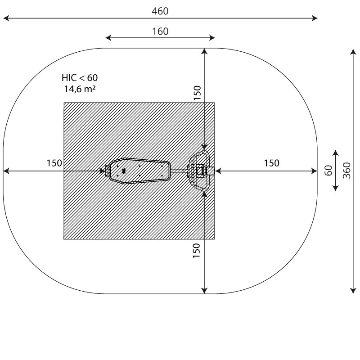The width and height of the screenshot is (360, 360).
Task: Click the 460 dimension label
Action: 160,11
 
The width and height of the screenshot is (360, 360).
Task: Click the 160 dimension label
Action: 160,31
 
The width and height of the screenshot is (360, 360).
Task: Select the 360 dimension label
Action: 346,171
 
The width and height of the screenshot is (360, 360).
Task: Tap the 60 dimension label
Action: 328,171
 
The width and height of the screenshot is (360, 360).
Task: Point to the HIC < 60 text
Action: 80,78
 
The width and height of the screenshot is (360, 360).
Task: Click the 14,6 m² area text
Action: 80,89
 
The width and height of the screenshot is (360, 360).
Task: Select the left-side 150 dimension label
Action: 54,163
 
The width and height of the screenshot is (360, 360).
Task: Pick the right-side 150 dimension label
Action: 272,163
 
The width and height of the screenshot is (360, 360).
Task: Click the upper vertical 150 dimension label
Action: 197,93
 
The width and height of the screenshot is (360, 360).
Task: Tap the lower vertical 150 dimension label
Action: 197,251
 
